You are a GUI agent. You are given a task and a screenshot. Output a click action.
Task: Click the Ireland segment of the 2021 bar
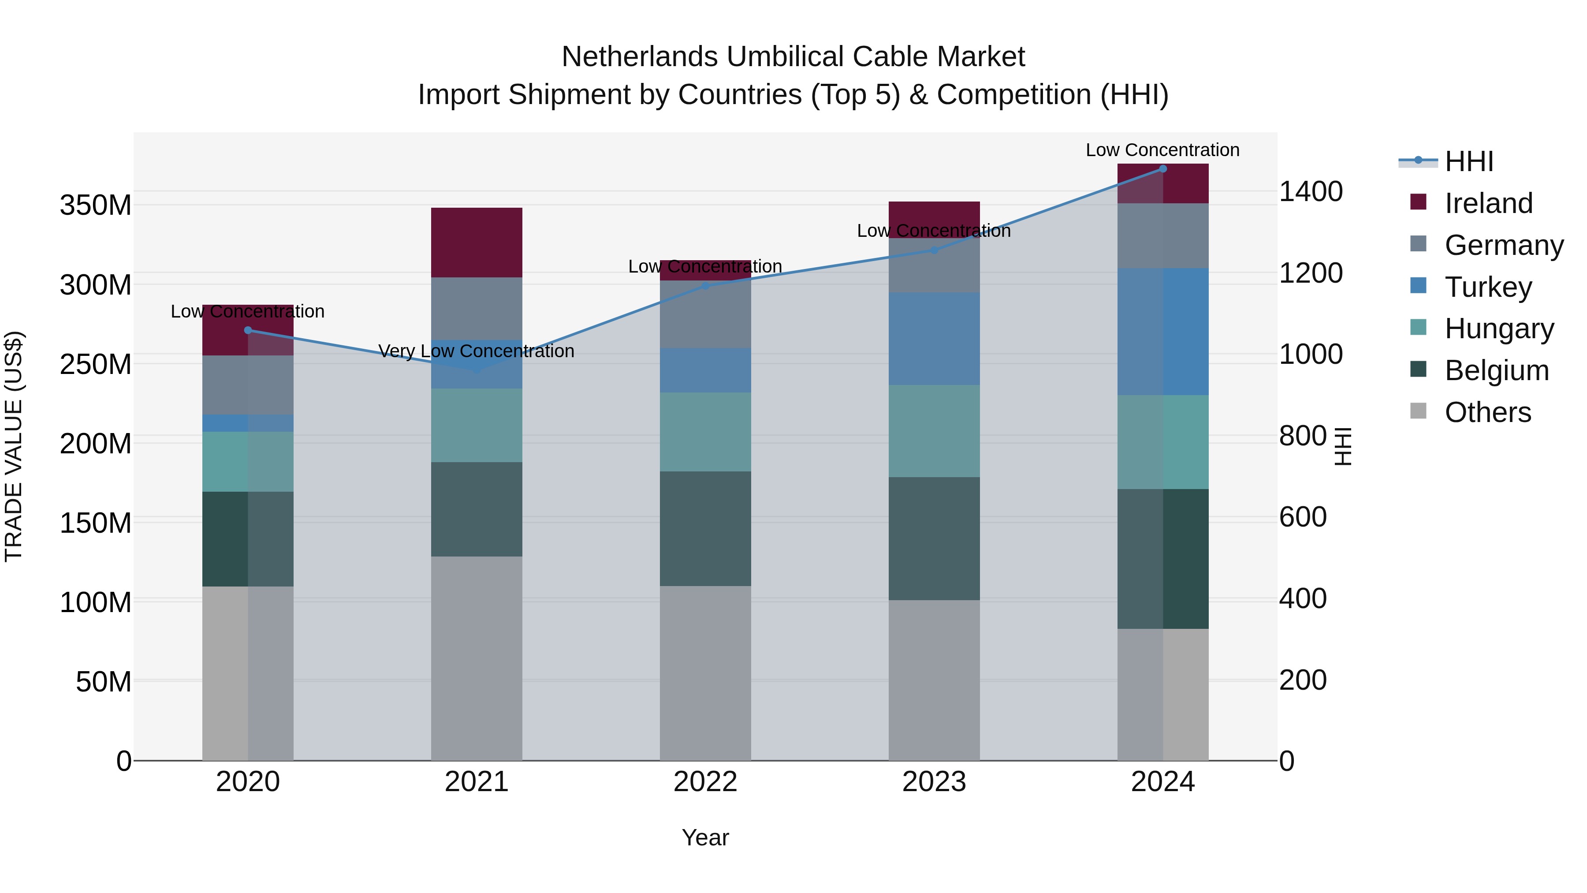click(476, 242)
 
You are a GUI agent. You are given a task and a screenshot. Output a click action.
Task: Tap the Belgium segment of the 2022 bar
click(705, 528)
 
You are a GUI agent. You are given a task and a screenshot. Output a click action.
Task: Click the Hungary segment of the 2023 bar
click(934, 431)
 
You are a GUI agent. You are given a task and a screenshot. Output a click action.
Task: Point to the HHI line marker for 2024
click(1162, 168)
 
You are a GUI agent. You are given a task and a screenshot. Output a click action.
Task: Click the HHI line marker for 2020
click(248, 330)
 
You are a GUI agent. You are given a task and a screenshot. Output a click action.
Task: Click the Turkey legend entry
click(1487, 287)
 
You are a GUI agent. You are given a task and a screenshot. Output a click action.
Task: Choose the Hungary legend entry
click(1498, 329)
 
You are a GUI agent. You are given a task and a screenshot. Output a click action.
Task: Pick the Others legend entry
click(1487, 412)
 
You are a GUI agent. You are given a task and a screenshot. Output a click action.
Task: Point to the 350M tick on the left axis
click(96, 205)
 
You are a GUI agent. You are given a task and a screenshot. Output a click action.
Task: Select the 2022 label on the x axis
click(705, 782)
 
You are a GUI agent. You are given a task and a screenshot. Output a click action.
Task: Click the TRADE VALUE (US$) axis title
click(14, 446)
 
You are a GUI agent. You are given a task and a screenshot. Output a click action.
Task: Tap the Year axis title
click(705, 837)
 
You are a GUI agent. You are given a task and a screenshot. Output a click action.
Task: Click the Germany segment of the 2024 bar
click(1162, 235)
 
